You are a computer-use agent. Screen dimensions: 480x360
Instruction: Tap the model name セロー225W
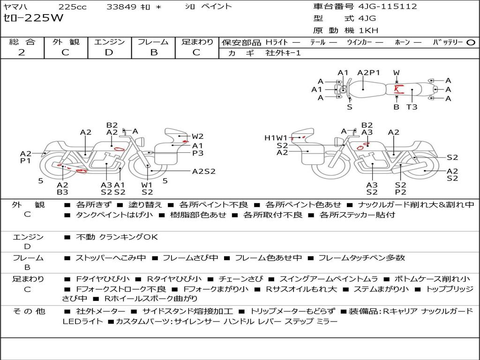coord(33,18)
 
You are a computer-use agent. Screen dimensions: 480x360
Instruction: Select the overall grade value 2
coord(22,52)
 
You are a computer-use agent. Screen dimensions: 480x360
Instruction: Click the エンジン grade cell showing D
coord(109,52)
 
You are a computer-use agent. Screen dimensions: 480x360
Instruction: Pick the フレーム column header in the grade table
coord(153,42)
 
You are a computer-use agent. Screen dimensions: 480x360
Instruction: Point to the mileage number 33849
coord(121,7)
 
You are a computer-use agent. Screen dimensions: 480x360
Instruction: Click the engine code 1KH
coord(368,30)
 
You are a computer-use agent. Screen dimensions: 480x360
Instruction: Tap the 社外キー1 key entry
coord(283,53)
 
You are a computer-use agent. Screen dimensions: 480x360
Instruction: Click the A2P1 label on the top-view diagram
coord(368,73)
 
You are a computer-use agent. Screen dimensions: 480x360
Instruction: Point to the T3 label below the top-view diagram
coord(412,107)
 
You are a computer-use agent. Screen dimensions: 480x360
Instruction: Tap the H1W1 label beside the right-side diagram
coord(276,138)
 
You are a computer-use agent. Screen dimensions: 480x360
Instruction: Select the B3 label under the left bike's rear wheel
coord(62,192)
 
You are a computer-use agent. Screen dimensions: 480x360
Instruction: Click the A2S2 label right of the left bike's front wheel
coord(203,172)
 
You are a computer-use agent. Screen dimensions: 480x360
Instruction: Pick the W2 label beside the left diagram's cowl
coord(197,136)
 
